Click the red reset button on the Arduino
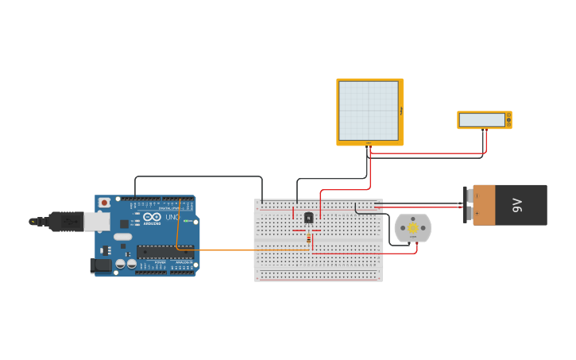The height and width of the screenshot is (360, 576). click(103, 203)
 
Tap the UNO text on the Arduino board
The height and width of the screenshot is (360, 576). click(172, 217)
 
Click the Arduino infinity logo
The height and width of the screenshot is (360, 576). click(153, 217)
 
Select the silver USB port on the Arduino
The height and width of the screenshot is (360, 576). click(97, 221)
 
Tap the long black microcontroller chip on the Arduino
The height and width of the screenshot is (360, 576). click(164, 252)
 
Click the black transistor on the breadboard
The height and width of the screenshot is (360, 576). click(309, 218)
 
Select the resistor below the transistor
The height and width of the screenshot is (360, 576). click(309, 238)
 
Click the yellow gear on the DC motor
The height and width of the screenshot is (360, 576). click(413, 228)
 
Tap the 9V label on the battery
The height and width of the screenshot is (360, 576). click(518, 205)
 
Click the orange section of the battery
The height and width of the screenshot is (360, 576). click(484, 205)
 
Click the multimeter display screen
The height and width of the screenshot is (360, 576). click(482, 120)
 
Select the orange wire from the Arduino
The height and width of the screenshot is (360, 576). click(238, 250)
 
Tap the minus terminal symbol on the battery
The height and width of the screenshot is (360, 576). click(477, 195)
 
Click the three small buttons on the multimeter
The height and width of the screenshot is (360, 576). click(508, 120)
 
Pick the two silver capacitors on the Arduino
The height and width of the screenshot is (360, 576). click(126, 263)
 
